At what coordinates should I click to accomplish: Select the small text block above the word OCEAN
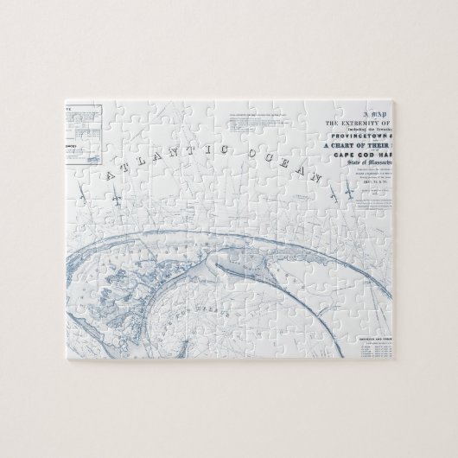coord(244,124)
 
